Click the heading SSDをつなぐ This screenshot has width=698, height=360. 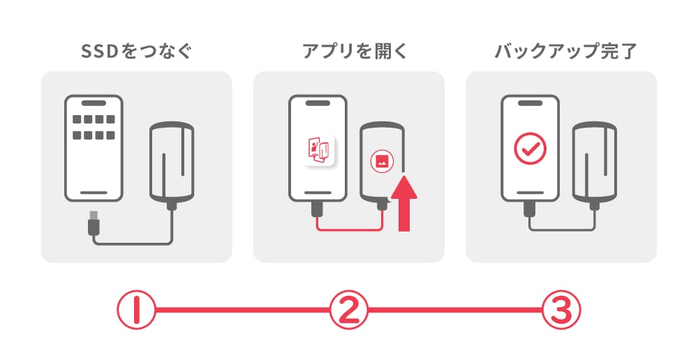click(136, 51)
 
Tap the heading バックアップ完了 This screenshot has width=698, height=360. click(566, 51)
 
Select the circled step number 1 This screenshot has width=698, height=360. click(136, 310)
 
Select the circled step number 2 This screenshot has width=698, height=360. click(349, 310)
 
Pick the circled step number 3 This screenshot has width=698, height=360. click(561, 310)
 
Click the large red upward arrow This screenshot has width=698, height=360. click(404, 203)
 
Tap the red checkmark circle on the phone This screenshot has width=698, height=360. click(530, 149)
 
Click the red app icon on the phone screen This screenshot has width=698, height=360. click(319, 151)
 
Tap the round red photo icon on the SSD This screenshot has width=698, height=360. click(382, 161)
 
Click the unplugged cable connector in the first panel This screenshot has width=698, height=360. click(94, 222)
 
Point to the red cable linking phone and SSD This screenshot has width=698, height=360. click(349, 230)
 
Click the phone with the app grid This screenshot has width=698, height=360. click(94, 148)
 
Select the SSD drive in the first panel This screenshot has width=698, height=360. click(172, 162)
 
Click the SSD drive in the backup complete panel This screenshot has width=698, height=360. click(595, 162)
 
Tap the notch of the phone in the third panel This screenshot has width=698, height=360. click(530, 103)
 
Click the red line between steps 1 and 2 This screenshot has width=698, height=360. click(243, 310)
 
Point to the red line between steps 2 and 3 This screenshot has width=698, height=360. click(455, 310)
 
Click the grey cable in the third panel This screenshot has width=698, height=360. click(562, 230)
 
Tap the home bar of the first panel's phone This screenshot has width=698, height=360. click(94, 193)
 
